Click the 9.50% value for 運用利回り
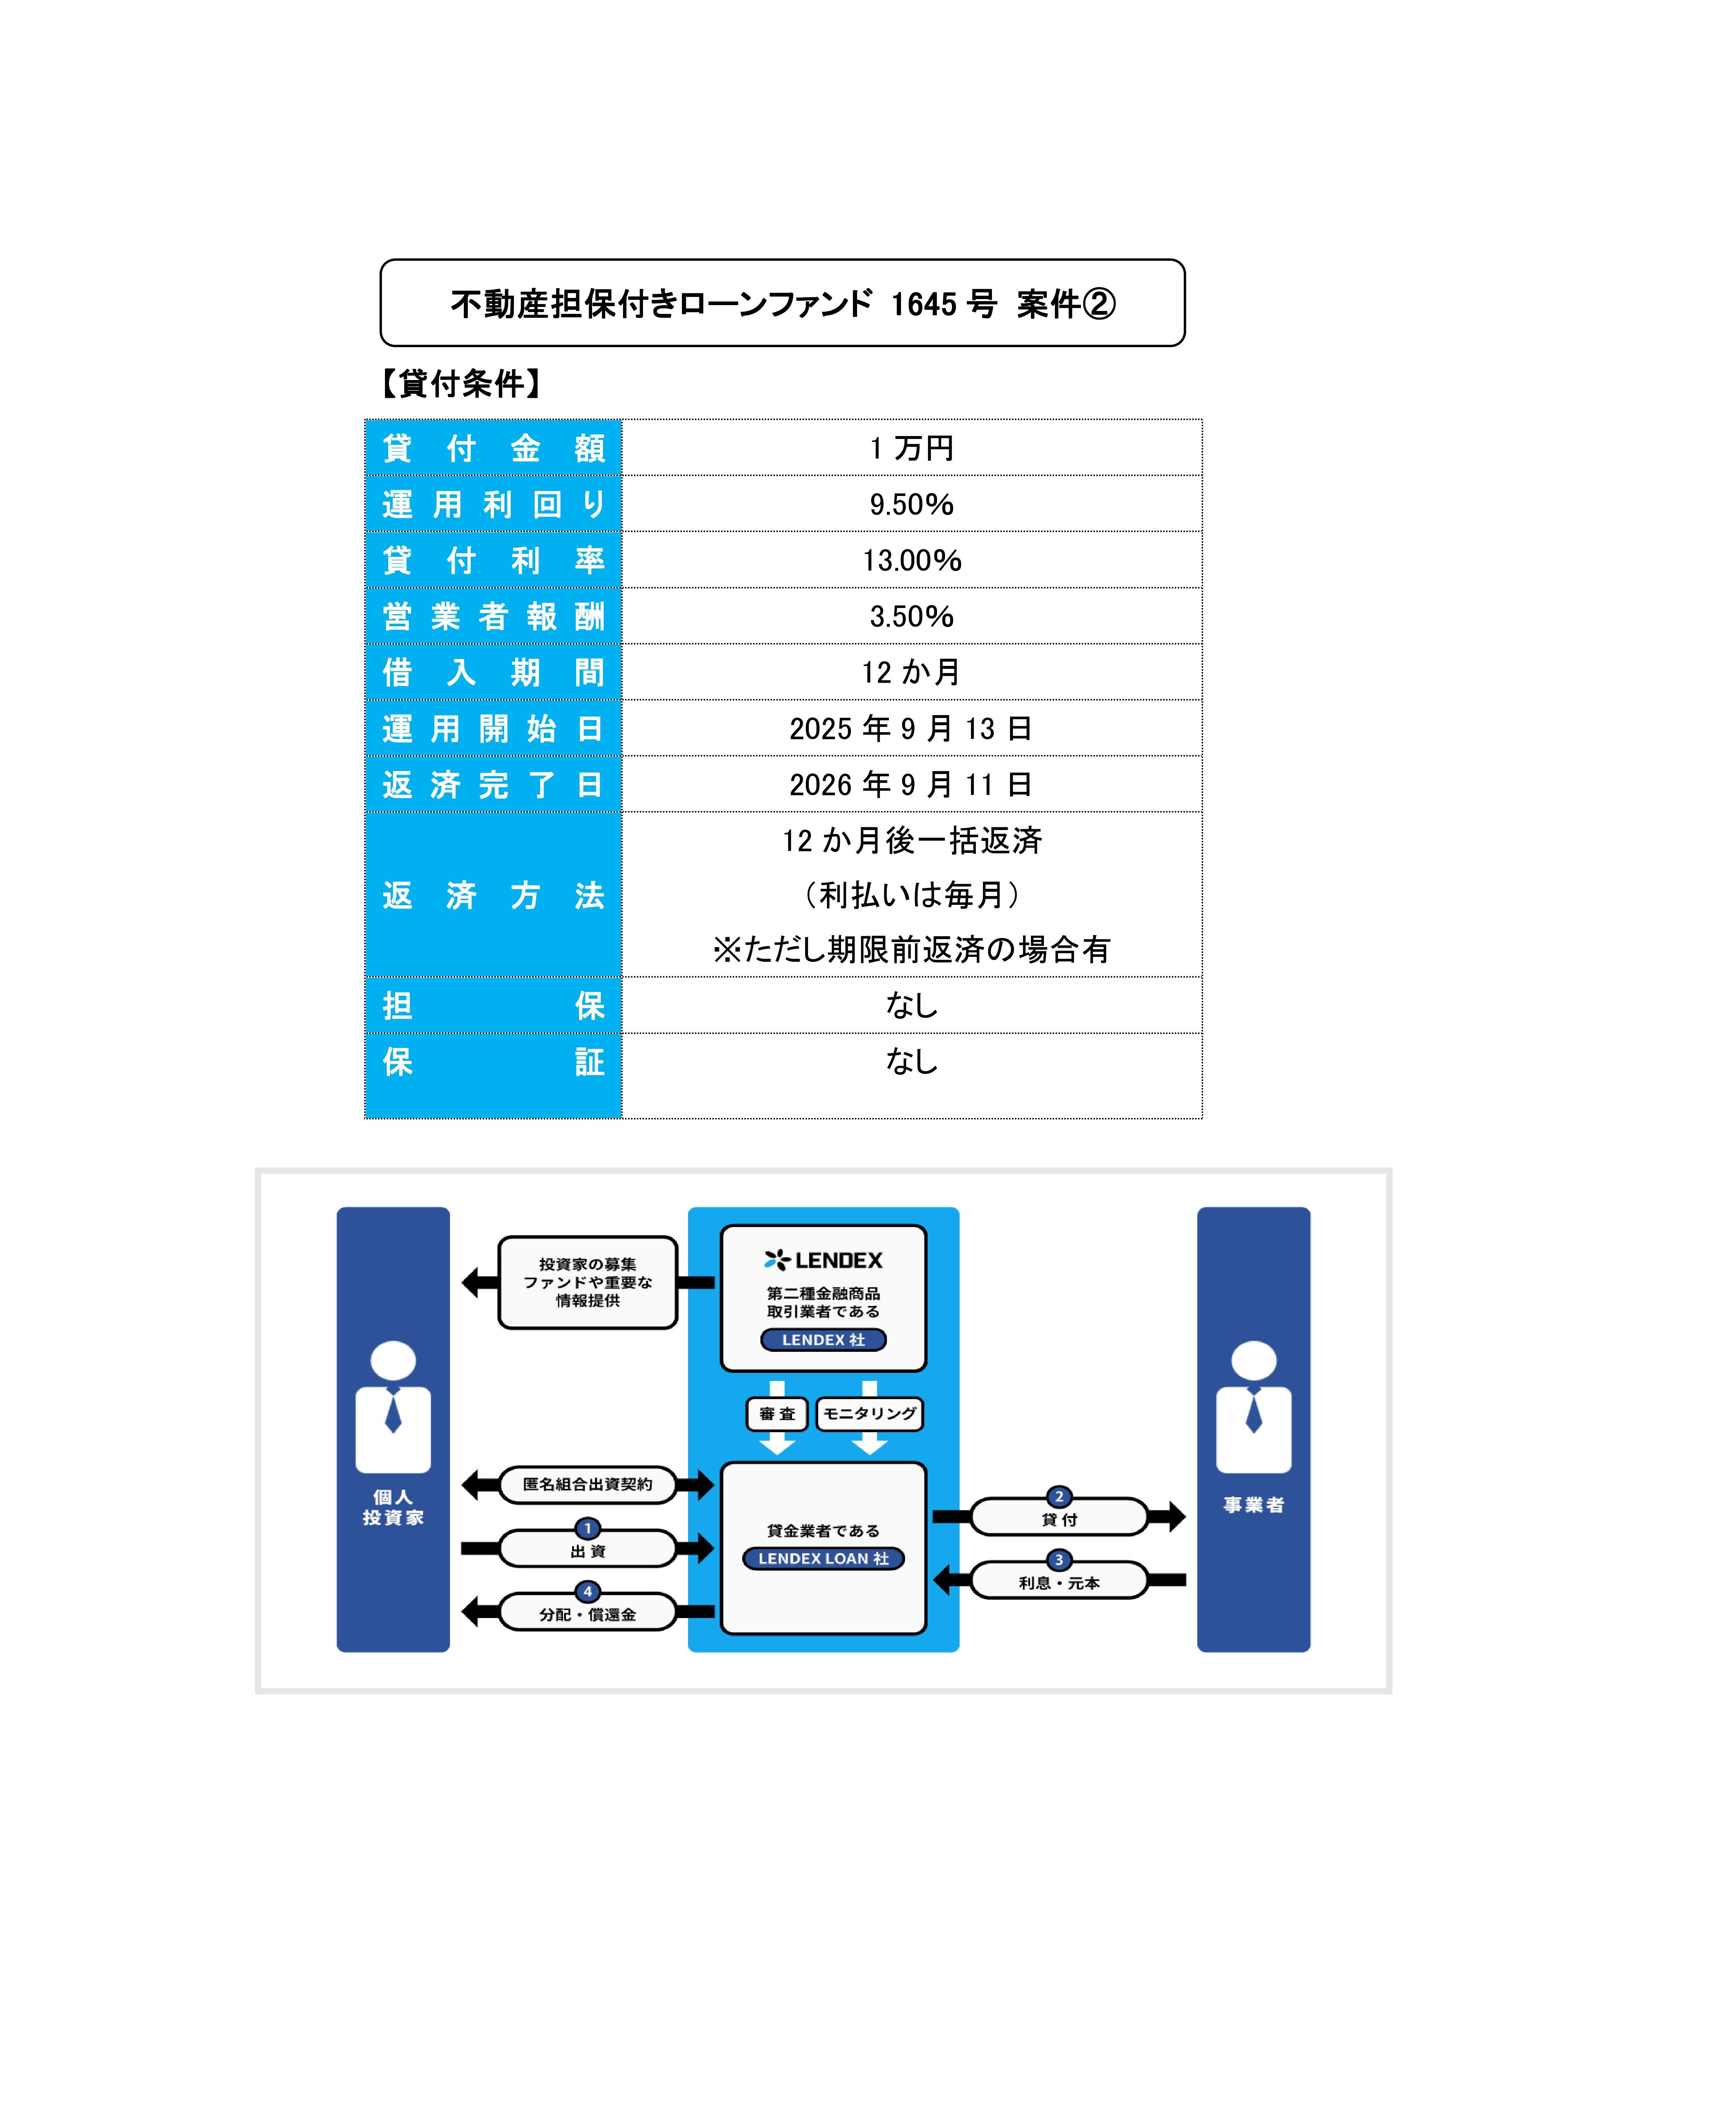(x=911, y=504)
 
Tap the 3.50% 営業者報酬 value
(x=911, y=616)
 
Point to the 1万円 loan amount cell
(x=911, y=448)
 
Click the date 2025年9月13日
(x=911, y=729)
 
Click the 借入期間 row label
(x=493, y=672)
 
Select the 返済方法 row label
(x=493, y=895)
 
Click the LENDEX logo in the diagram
(x=823, y=1260)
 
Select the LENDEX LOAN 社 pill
(x=823, y=1558)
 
